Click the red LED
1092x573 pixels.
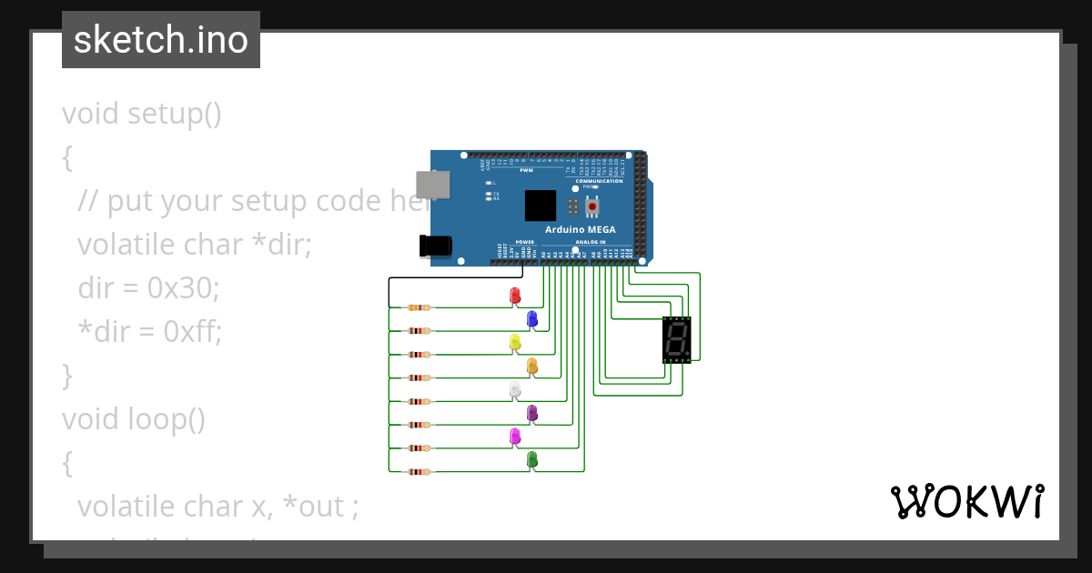514,296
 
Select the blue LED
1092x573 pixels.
532,318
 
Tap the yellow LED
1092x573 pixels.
514,342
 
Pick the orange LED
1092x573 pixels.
532,366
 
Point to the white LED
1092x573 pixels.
514,389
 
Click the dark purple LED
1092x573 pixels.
532,413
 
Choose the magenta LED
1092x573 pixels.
514,437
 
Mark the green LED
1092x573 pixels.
532,459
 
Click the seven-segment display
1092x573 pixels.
676,340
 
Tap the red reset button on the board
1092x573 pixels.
592,207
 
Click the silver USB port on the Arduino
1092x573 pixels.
431,185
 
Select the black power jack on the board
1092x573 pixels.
435,246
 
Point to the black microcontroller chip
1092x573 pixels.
540,205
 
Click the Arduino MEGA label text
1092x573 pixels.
581,229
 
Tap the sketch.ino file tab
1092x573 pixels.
161,40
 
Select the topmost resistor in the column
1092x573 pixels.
419,307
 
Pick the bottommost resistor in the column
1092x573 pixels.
419,471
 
